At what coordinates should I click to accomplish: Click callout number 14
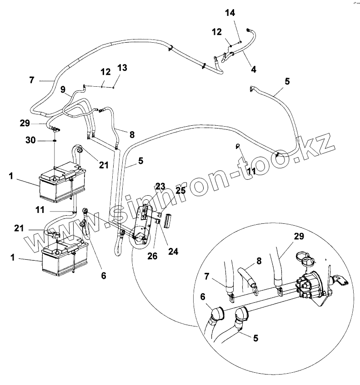coord(230,13)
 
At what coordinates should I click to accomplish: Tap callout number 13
coord(122,68)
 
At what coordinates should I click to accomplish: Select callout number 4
coord(254,69)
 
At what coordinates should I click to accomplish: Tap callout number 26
coord(152,257)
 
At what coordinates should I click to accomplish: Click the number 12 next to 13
coord(105,72)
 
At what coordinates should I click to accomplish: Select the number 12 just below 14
coord(216,32)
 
